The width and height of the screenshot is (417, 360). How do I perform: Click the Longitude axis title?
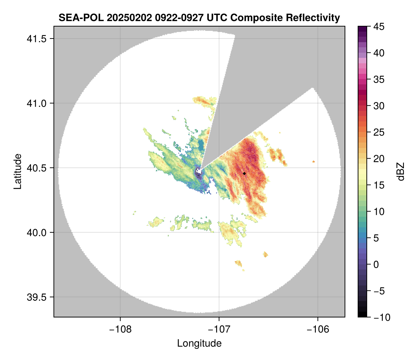(199, 343)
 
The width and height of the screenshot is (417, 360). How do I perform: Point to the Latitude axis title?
(17, 171)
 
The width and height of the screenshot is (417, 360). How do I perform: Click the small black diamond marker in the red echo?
(244, 173)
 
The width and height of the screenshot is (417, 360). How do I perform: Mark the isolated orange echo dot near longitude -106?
(314, 161)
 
